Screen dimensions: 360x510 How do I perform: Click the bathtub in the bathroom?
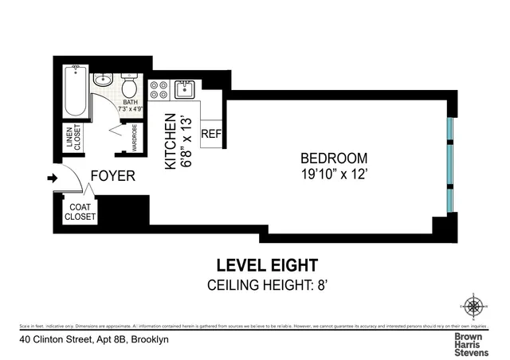(x=75, y=92)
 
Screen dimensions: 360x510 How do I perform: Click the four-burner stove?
(x=157, y=88)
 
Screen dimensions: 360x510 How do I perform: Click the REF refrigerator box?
(x=211, y=134)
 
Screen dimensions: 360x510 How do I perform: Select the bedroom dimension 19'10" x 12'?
(x=334, y=172)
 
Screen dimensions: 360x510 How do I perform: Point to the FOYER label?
(x=112, y=176)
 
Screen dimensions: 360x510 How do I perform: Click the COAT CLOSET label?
(x=80, y=212)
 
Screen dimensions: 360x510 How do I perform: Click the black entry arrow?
(x=53, y=178)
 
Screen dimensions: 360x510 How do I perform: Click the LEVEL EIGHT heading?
(x=267, y=265)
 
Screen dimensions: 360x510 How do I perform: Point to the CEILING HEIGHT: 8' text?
(x=267, y=285)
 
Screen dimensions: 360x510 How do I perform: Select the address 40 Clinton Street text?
(x=94, y=339)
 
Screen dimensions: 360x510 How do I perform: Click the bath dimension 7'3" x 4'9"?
(x=132, y=107)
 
